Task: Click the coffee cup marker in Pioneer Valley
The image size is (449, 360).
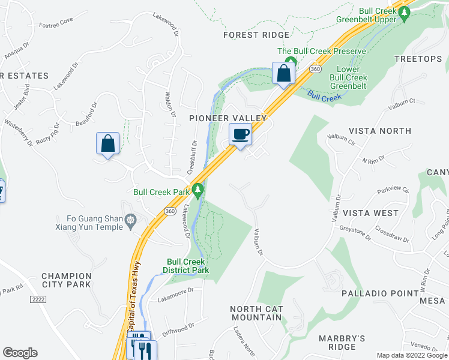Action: click(x=241, y=134)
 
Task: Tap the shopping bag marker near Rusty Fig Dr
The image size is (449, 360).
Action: click(x=108, y=144)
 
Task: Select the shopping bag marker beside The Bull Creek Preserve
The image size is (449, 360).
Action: click(x=284, y=73)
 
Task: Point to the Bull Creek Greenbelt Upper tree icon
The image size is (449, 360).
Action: click(x=405, y=11)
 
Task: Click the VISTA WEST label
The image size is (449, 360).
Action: click(x=370, y=213)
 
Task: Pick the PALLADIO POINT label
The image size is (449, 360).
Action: click(x=380, y=293)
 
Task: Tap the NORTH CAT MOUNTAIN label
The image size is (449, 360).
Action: click(x=256, y=313)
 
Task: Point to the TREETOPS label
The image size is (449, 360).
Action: click(x=418, y=59)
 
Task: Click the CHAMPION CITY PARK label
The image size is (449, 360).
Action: click(x=66, y=280)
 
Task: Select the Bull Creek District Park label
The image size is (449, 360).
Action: click(x=187, y=266)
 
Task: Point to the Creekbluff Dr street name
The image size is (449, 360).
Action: click(x=194, y=157)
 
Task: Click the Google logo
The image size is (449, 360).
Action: click(x=20, y=353)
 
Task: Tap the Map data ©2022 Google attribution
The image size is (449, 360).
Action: click(x=412, y=355)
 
